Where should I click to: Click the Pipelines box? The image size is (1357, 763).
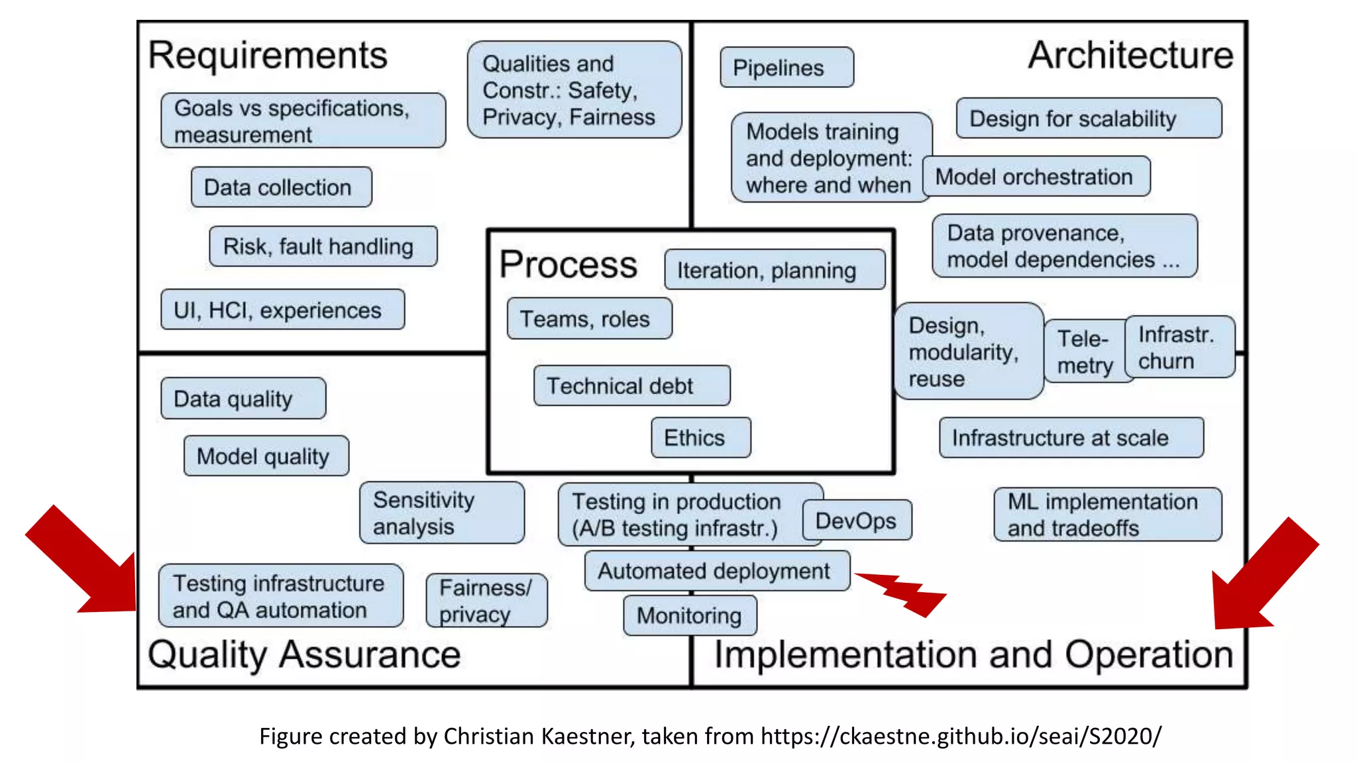coord(787,68)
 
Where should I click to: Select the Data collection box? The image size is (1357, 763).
coord(281,187)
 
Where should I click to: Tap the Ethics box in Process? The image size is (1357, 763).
coord(700,438)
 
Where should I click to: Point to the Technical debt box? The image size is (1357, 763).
coord(631,385)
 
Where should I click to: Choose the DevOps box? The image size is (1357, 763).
coord(857,521)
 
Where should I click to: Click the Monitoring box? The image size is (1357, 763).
coord(690,615)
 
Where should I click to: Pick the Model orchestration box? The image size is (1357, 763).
coord(1036,177)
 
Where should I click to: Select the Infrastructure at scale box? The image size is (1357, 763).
coord(1071,438)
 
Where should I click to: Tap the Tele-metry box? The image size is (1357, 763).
coord(1084,352)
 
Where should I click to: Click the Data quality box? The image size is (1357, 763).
coord(243,399)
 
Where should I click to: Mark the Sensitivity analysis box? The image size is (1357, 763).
coord(441,513)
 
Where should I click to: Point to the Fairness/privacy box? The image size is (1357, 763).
coord(486,601)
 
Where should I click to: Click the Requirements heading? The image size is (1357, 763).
coord(268,56)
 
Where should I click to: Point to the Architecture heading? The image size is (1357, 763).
coord(1130,56)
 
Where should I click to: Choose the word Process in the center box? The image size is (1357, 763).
coord(568,265)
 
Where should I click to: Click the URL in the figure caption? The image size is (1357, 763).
coord(961,737)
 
